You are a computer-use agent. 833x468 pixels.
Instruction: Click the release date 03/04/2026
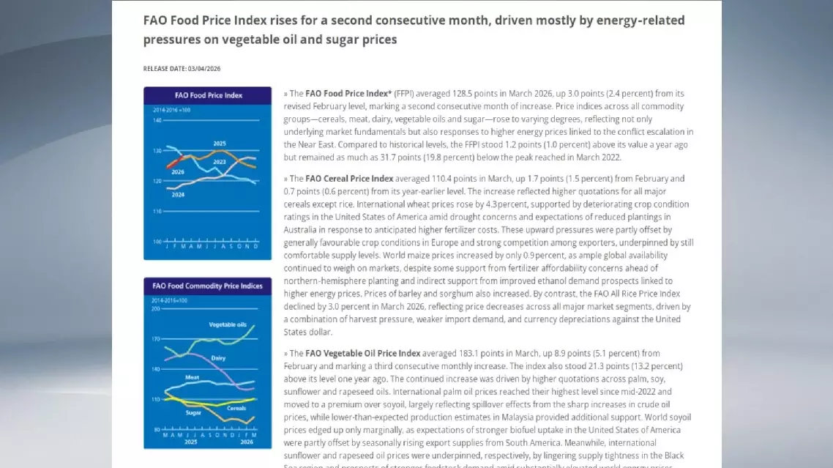click(204, 69)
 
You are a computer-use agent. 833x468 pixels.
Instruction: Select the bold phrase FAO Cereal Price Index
click(349, 179)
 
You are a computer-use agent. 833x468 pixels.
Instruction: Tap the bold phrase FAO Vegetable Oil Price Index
click(362, 353)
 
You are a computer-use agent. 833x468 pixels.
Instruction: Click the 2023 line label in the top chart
click(220, 160)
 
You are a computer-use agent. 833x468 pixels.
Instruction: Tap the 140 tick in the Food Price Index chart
click(157, 120)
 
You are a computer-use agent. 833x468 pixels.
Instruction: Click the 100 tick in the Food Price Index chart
click(157, 241)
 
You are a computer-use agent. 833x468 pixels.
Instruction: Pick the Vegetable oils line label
click(228, 324)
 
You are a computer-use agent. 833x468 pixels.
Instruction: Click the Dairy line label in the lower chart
click(218, 357)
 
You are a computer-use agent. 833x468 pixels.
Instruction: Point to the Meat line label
click(193, 377)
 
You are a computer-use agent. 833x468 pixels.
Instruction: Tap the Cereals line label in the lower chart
click(236, 408)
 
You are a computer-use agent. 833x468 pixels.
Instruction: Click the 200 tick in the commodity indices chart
click(155, 308)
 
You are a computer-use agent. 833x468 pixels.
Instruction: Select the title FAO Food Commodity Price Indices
click(207, 286)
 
